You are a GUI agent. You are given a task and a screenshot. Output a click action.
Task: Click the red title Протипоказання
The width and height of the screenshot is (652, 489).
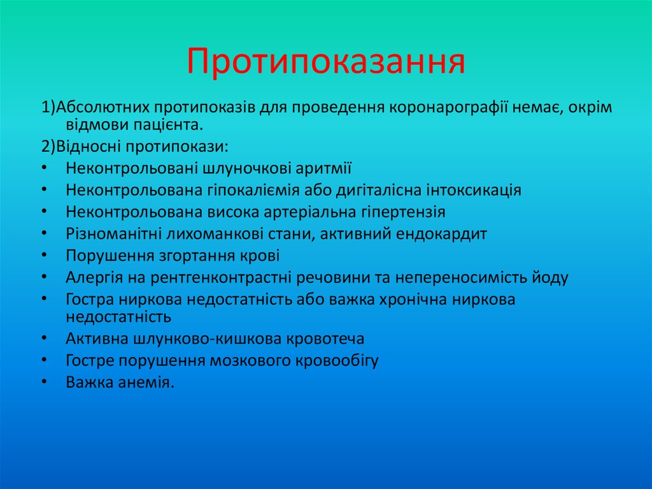coord(325,62)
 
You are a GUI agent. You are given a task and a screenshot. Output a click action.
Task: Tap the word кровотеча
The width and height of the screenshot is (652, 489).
coord(325,339)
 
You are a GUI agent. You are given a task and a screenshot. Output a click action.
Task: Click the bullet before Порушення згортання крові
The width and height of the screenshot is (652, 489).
coord(43,256)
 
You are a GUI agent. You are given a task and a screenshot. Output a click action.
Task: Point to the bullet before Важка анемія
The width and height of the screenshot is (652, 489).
coord(43,383)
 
